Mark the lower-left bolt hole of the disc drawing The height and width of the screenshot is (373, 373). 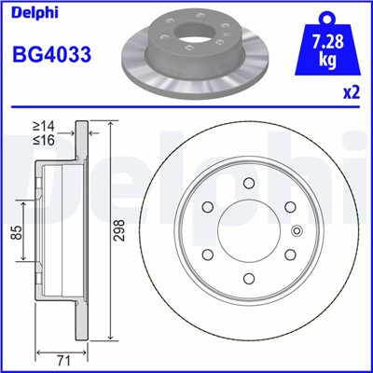tap(210, 254)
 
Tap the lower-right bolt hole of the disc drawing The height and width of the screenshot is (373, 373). tap(291, 254)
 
